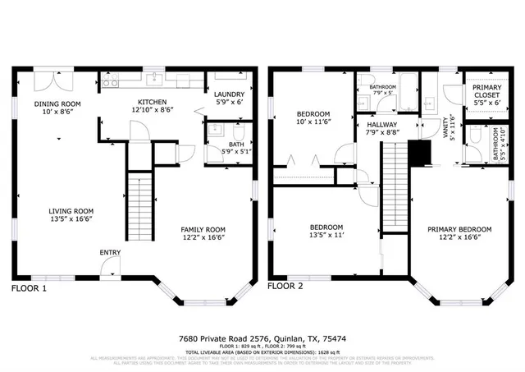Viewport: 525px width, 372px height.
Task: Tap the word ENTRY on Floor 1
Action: click(x=111, y=252)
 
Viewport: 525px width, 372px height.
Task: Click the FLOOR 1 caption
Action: click(x=29, y=288)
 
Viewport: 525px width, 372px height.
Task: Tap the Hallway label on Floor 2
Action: click(x=381, y=122)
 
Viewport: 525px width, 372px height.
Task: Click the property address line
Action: click(x=262, y=338)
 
